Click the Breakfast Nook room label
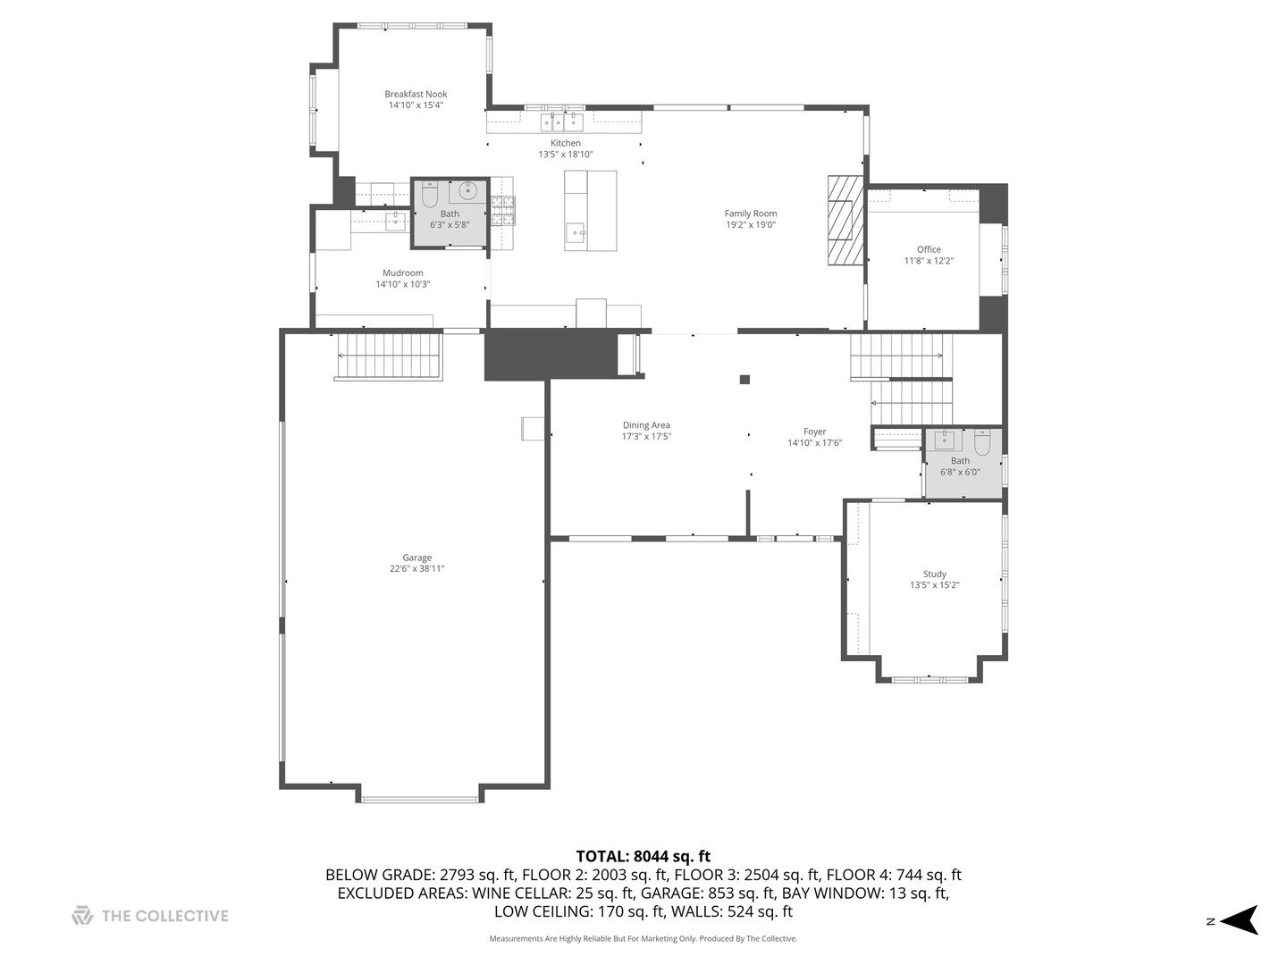click(416, 94)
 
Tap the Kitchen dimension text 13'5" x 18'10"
click(565, 155)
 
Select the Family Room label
click(750, 214)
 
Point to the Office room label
click(929, 250)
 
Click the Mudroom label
click(402, 273)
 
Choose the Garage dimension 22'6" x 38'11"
click(416, 569)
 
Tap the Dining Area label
click(646, 425)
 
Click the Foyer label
click(814, 432)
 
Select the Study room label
click(934, 575)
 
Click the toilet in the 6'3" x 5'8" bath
click(430, 194)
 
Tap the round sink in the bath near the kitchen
click(467, 190)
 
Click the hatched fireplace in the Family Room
click(845, 220)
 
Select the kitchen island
click(590, 211)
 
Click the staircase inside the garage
click(389, 355)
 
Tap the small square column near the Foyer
click(744, 380)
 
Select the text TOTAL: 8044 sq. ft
click(643, 857)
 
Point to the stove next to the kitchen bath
click(502, 210)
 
